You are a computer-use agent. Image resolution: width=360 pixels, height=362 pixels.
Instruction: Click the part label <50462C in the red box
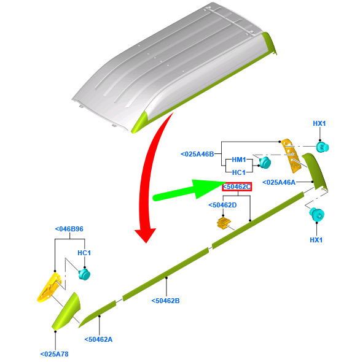[x=237, y=187]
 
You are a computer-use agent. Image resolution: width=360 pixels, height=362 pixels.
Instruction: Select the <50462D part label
[x=222, y=205]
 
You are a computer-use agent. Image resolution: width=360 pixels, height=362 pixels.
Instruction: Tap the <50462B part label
[x=165, y=301]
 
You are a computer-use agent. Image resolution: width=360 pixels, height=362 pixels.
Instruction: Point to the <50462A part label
[x=98, y=339]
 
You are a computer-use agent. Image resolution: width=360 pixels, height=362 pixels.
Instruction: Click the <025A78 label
[x=54, y=354]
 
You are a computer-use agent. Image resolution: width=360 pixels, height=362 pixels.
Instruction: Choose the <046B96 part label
[x=69, y=229]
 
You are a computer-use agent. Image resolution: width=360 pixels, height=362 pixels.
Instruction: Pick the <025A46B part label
[x=197, y=154]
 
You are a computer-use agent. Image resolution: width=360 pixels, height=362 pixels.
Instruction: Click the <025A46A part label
[x=279, y=182]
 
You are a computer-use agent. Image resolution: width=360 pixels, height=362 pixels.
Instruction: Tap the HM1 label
[x=239, y=160]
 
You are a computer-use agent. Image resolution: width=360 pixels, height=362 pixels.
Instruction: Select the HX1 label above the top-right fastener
[x=319, y=123]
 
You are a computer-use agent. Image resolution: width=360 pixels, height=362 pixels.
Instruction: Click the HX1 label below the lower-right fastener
[x=316, y=240]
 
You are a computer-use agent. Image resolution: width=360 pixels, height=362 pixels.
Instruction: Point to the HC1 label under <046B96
[x=84, y=253]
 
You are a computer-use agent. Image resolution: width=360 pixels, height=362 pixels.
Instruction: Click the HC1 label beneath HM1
[x=239, y=172]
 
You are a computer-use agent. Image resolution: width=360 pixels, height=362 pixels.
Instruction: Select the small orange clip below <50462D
[x=224, y=223]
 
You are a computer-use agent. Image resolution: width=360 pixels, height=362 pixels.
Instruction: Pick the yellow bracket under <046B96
[x=50, y=287]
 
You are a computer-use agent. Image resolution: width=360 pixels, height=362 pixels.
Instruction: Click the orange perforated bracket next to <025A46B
[x=291, y=156]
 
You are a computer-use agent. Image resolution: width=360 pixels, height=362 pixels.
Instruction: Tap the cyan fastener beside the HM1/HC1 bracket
[x=265, y=163]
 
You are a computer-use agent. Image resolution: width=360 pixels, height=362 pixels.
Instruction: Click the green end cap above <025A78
[x=66, y=311]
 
